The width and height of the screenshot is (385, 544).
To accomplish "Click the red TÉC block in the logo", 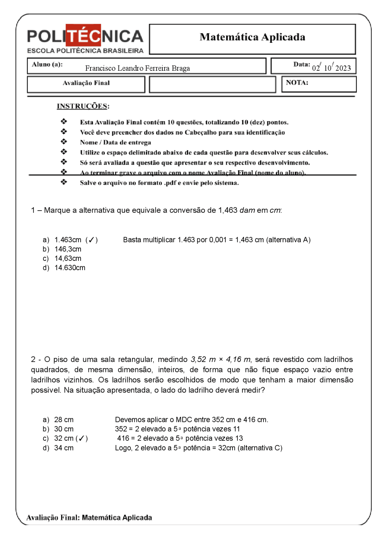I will [x=83, y=35].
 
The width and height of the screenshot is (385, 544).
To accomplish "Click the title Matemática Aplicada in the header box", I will [x=252, y=37].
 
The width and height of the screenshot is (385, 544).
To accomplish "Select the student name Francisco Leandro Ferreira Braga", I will [x=137, y=68].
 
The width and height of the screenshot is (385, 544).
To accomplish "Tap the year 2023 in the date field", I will [x=343, y=68].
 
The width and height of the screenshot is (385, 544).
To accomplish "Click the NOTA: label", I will [x=297, y=83].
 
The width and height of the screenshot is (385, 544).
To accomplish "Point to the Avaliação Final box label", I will [x=86, y=83].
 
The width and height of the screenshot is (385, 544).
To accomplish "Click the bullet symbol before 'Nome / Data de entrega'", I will [x=64, y=142].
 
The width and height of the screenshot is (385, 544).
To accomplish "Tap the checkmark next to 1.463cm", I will [x=91, y=240].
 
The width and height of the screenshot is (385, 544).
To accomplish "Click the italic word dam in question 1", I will [x=247, y=210].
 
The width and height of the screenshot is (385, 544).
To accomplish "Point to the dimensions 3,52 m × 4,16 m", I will [x=220, y=360].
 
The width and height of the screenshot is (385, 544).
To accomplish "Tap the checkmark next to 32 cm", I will [x=82, y=438].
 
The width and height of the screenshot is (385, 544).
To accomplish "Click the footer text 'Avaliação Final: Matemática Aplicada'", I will [x=89, y=518].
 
